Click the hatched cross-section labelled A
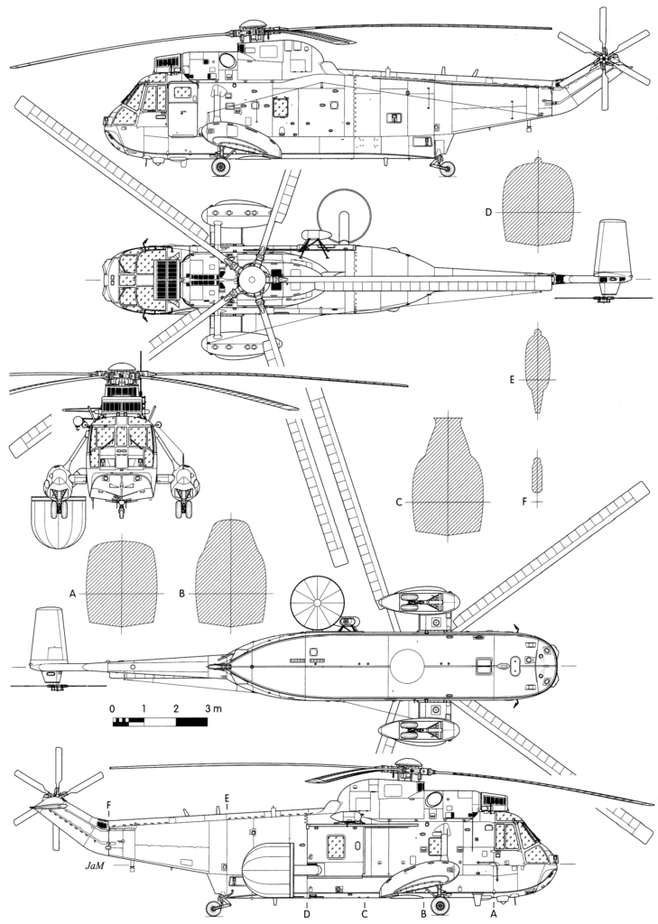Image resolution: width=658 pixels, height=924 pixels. coord(122,584)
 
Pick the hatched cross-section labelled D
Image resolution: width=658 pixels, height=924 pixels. coord(537,203)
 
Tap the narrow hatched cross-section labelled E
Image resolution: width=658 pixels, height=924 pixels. coord(537,370)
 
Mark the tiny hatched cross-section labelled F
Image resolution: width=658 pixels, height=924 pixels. coord(536,475)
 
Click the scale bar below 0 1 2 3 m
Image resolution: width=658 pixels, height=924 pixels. coord(160,721)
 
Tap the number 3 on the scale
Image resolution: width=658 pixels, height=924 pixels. coord(208,708)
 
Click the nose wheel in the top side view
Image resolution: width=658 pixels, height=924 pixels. coord(220,166)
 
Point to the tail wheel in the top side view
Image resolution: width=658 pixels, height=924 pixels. coord(447,169)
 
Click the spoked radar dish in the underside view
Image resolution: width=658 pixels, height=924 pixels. coord(317,602)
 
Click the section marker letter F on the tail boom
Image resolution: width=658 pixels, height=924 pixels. coord(108,805)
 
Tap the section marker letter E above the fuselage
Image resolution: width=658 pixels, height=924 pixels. coord(227,798)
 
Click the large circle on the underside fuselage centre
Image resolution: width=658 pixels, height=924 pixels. coord(407,666)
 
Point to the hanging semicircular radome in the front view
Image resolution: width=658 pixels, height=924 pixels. coord(58,522)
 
